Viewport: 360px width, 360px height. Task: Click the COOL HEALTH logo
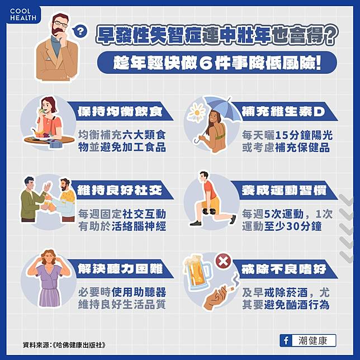23,15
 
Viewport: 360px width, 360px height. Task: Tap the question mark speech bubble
79,31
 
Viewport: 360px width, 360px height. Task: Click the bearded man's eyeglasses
60,24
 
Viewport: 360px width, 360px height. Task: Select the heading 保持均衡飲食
120,111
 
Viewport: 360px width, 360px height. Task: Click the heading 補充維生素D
283,112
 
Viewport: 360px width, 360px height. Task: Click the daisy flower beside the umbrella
197,112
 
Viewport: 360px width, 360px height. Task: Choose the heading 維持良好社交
120,190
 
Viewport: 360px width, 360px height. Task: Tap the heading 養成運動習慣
284,191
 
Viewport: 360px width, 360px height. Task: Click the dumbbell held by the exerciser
209,211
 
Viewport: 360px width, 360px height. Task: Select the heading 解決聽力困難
120,269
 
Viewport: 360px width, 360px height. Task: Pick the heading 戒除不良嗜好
284,269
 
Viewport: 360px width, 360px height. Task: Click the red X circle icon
223,261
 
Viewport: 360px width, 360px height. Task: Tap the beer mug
197,272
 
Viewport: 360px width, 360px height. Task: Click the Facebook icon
286,340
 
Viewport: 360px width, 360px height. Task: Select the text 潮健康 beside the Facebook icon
312,341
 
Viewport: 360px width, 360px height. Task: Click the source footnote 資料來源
64,345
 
